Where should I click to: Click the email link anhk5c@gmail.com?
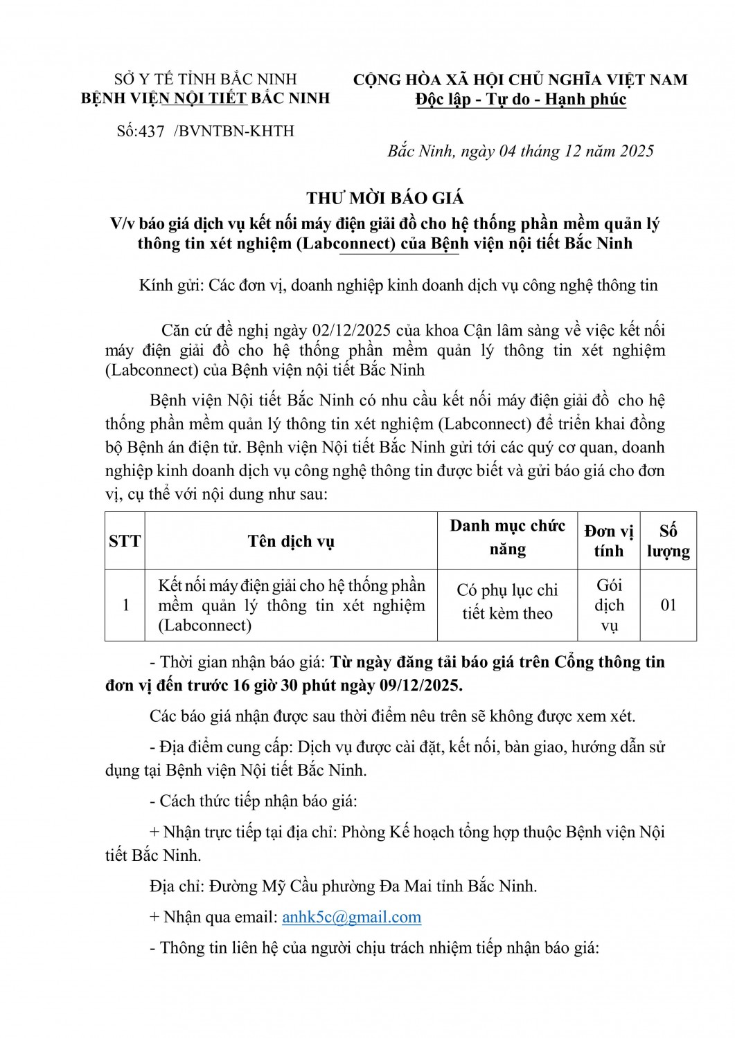pos(351,917)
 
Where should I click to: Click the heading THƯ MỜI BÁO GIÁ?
pos(385,199)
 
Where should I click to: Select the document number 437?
pos(151,131)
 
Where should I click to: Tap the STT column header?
pos(125,541)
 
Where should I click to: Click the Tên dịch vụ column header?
pos(291,541)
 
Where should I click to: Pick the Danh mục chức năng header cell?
pos(507,538)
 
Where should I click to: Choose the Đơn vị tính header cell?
pos(608,541)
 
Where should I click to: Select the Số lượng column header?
pos(668,541)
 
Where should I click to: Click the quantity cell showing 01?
pos(668,605)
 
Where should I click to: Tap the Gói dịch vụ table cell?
pos(609,605)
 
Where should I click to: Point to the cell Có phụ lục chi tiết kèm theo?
pos(507,601)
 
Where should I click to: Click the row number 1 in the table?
pos(125,605)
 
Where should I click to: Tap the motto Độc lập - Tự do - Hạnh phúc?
pos(521,100)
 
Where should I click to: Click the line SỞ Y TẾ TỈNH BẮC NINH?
pos(205,80)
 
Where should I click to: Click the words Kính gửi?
pos(169,285)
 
